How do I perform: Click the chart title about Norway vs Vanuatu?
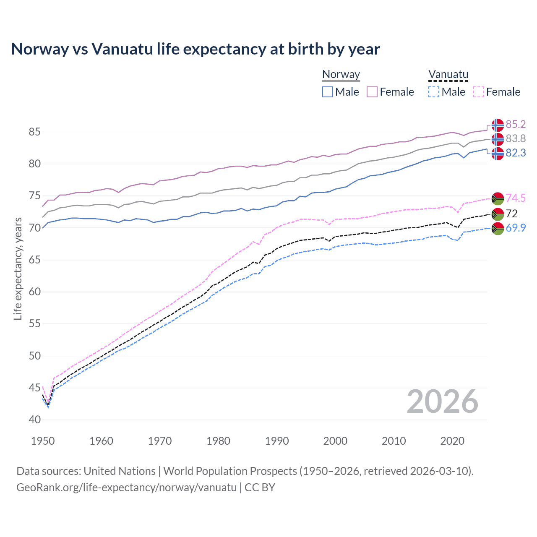[196, 49]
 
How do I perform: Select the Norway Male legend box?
[328, 92]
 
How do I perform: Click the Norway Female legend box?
[372, 92]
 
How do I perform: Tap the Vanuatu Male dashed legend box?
[434, 92]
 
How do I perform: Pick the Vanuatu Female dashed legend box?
[479, 92]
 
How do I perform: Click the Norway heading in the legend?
[341, 75]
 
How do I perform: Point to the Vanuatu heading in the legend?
[448, 75]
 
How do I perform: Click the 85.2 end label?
[516, 124]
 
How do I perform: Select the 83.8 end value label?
[516, 138]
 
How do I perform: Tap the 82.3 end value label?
[516, 153]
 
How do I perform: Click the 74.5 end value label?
[516, 198]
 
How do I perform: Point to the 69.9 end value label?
[516, 228]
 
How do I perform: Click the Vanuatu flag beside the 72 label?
[498, 214]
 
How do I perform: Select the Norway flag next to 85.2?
[498, 125]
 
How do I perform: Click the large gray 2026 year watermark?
[443, 401]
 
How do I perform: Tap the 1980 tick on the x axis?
[218, 441]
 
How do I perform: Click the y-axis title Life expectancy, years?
[18, 268]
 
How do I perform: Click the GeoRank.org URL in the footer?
[126, 487]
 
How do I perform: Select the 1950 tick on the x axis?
[43, 441]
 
